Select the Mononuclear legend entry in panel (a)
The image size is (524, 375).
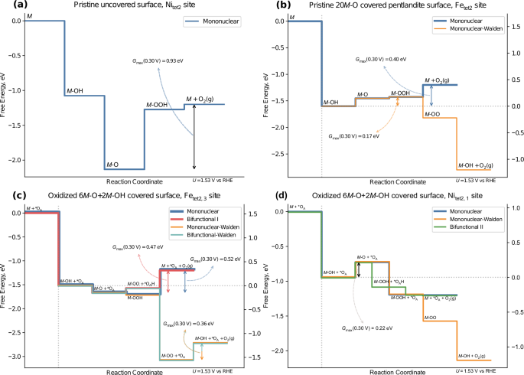point(216,23)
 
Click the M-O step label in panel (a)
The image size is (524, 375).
point(112,164)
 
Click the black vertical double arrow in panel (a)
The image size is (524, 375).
point(194,136)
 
